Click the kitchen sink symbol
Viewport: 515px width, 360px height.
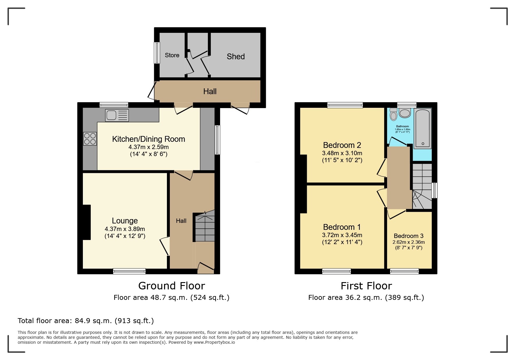tap(117, 115)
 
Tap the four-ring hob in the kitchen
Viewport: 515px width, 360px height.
tap(90, 139)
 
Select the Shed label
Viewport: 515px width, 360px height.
tap(236, 56)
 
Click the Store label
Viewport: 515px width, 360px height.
tap(172, 55)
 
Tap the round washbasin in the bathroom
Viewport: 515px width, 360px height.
tap(405, 113)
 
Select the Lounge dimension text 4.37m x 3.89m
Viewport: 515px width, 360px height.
tap(125, 229)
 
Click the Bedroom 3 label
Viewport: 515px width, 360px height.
tap(408, 236)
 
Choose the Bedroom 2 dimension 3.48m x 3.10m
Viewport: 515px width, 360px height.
tap(342, 153)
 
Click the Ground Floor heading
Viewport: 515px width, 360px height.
tap(172, 286)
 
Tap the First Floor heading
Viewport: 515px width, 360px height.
tap(366, 286)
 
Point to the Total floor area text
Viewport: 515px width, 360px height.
tap(85, 321)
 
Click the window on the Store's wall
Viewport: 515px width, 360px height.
tap(157, 53)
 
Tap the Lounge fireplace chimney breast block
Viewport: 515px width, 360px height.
tap(87, 222)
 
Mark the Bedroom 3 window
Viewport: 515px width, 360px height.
tap(404, 271)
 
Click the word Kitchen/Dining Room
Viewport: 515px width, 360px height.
tap(148, 139)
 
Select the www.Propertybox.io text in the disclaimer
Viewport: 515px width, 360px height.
tap(214, 342)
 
